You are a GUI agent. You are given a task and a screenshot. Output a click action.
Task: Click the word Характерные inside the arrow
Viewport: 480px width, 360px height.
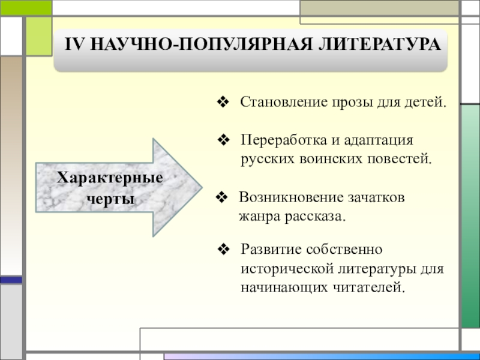[x=110, y=178]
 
